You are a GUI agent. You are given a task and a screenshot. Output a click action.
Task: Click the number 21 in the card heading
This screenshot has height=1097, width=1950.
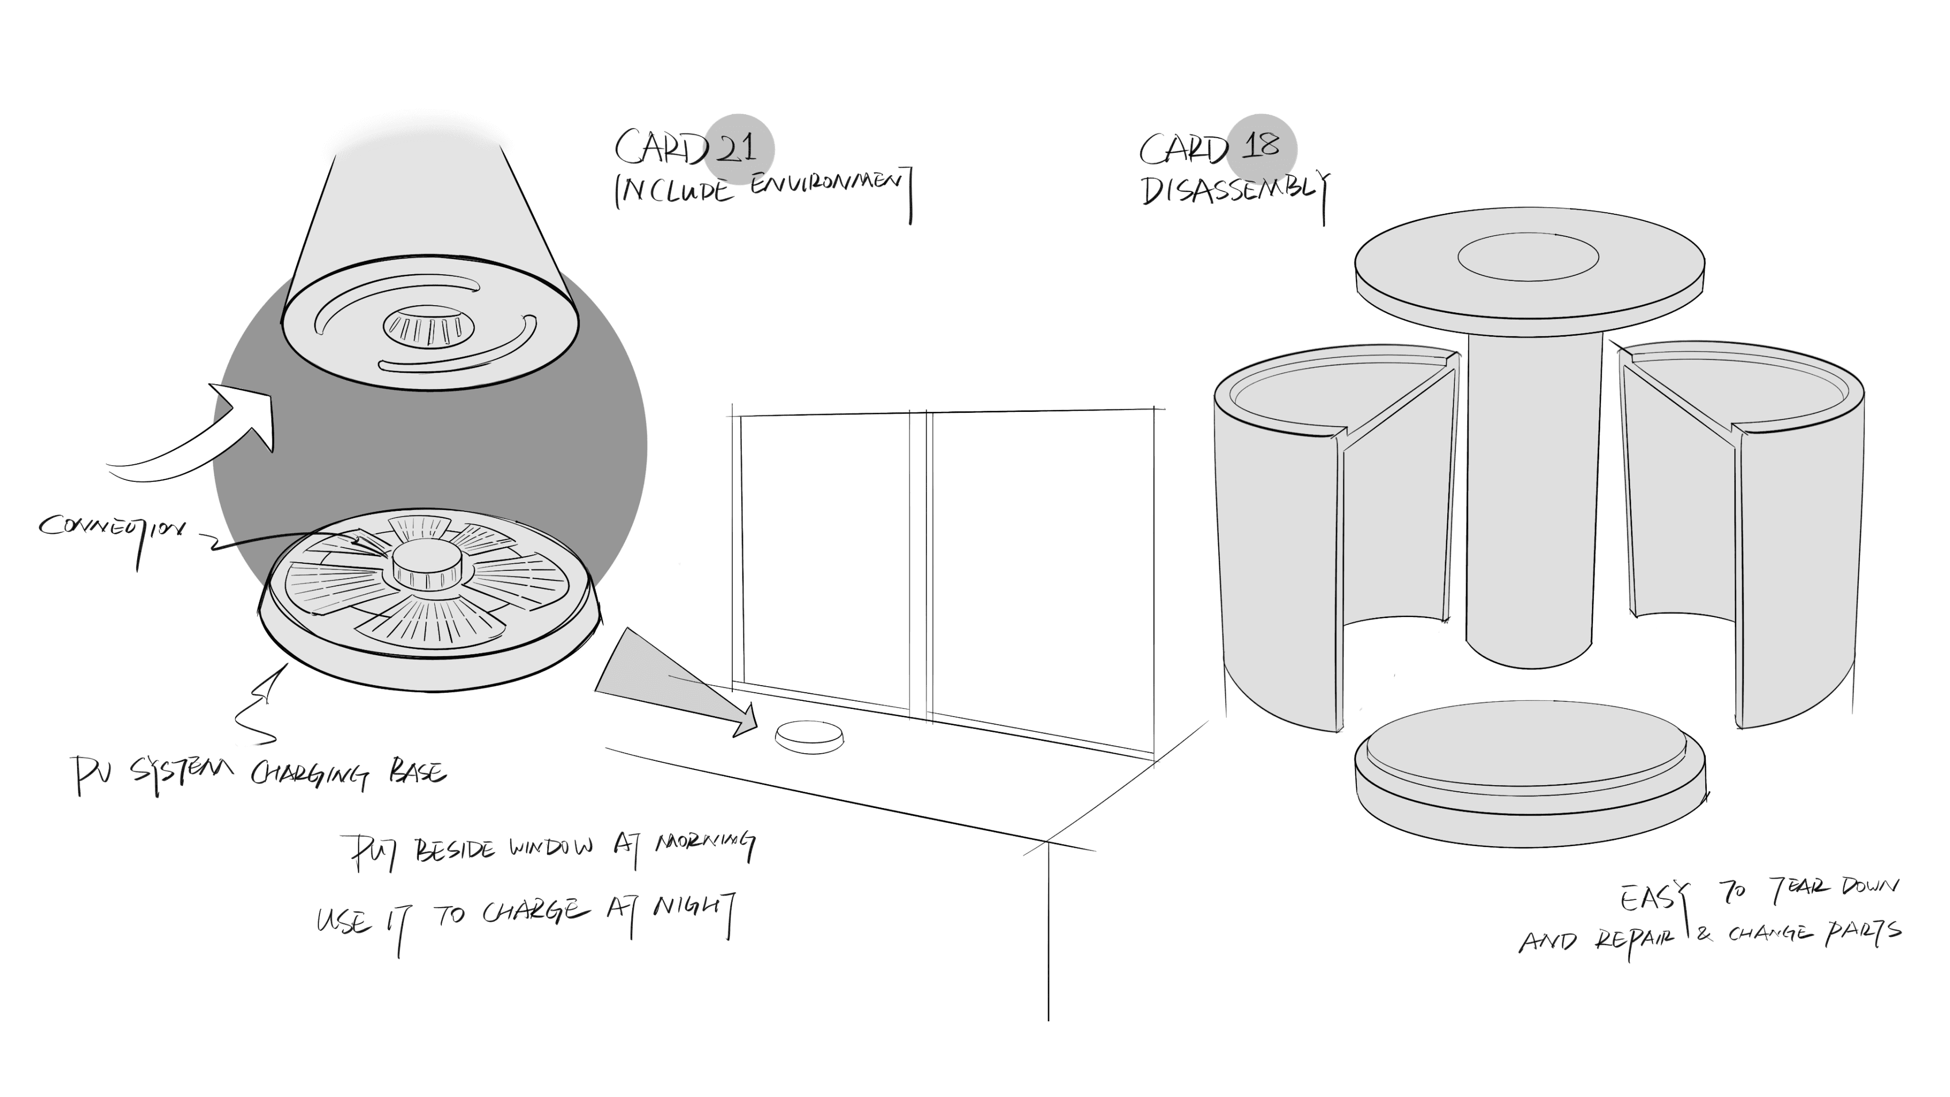(736, 147)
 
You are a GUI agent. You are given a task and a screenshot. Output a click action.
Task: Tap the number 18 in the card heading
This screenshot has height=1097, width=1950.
(1260, 145)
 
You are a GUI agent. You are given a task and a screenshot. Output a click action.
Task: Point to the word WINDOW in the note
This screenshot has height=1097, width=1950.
(550, 848)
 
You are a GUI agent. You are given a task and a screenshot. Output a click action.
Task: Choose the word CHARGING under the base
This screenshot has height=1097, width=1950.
(310, 775)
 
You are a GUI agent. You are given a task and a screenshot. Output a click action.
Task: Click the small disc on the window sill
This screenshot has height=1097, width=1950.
(809, 736)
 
